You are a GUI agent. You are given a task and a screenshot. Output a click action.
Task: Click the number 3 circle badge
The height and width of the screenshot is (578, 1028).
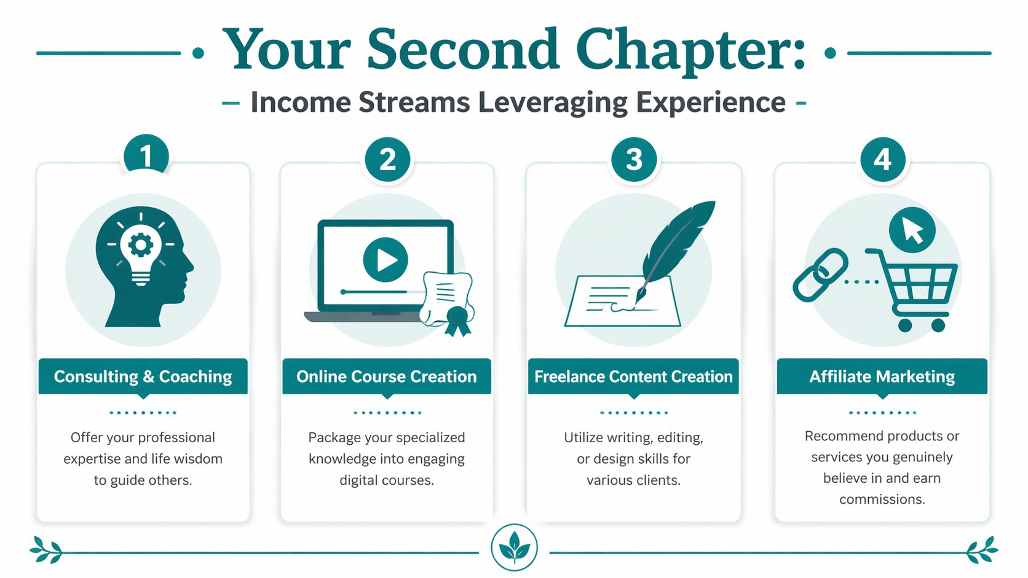[634, 160]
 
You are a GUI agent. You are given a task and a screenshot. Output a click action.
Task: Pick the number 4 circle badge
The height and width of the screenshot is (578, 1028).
[882, 160]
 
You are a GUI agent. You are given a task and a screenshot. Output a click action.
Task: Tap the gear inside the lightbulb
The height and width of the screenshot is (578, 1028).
[141, 245]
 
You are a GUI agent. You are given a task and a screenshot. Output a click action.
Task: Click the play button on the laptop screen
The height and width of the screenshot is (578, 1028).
[385, 259]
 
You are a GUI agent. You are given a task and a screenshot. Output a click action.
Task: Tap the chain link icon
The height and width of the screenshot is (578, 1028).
[820, 275]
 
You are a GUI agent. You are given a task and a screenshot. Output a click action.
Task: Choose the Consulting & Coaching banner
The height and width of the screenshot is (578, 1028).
[143, 377]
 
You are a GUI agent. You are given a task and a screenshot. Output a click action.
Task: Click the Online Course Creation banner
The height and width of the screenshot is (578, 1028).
[386, 377]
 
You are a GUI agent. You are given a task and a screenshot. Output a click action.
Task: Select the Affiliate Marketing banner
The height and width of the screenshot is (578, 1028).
[882, 377]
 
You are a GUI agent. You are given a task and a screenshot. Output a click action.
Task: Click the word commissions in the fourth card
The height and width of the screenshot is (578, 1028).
[882, 499]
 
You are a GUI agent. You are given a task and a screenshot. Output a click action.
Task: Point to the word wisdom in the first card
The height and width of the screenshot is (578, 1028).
[198, 459]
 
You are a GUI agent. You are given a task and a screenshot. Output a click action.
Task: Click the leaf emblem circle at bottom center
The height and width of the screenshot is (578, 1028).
[514, 547]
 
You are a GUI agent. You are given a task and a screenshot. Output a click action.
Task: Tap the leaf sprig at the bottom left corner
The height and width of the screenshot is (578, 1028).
[47, 550]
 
